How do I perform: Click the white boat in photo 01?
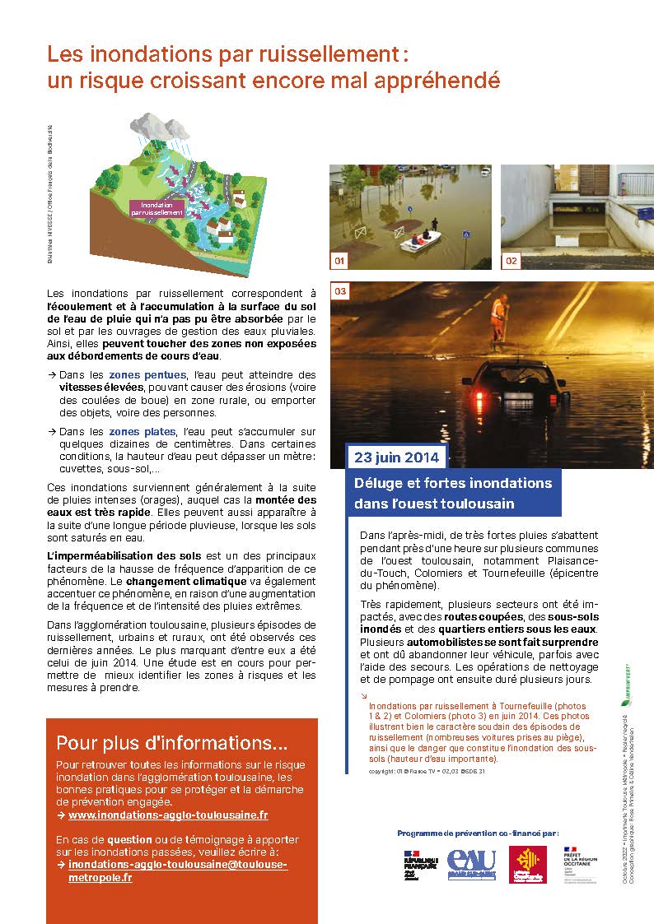point(420,240)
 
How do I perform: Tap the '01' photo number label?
point(339,261)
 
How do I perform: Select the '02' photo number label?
point(512,261)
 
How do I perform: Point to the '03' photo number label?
point(340,291)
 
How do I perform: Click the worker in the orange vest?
point(498,318)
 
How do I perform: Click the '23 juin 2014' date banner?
point(397,457)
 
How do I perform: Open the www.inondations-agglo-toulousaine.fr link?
point(168,815)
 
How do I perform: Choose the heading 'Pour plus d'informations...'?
point(171,743)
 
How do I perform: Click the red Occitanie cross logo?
point(527,864)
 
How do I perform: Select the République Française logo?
point(418,865)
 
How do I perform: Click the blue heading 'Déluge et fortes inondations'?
point(453,482)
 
